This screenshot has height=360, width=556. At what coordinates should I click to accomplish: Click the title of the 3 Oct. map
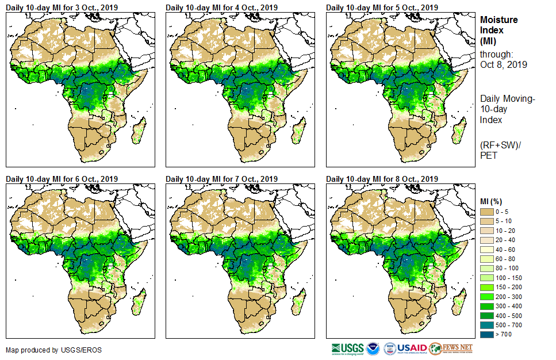(62, 7)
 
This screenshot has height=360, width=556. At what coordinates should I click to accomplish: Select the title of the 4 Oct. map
(221, 7)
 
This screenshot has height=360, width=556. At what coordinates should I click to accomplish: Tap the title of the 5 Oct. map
(382, 7)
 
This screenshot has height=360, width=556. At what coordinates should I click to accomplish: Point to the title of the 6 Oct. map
(62, 179)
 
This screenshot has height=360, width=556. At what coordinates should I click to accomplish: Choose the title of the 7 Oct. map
(221, 179)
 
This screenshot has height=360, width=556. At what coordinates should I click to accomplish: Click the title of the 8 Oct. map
(382, 179)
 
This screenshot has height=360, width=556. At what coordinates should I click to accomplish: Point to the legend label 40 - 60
(505, 250)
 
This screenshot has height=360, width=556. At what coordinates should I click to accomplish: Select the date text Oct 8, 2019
(504, 64)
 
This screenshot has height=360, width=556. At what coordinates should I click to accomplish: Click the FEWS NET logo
(452, 348)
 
